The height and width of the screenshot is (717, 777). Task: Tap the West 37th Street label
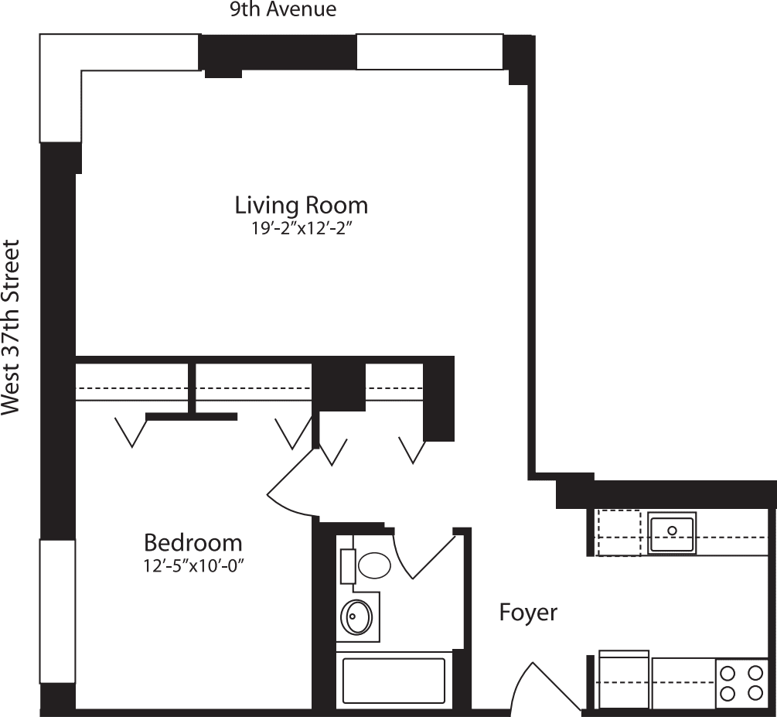[11, 328]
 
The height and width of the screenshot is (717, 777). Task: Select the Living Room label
[301, 206]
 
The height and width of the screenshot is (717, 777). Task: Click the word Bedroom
[193, 542]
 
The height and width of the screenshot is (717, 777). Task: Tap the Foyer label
[528, 613]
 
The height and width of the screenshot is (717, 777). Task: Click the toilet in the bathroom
[374, 565]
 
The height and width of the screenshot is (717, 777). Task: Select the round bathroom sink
[356, 616]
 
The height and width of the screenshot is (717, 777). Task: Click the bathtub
[394, 680]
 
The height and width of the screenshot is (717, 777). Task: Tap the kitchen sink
[672, 531]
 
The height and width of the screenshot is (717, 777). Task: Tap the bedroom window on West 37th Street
[58, 611]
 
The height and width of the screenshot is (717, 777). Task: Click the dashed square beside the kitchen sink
[619, 532]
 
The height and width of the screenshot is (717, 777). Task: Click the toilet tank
[348, 565]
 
